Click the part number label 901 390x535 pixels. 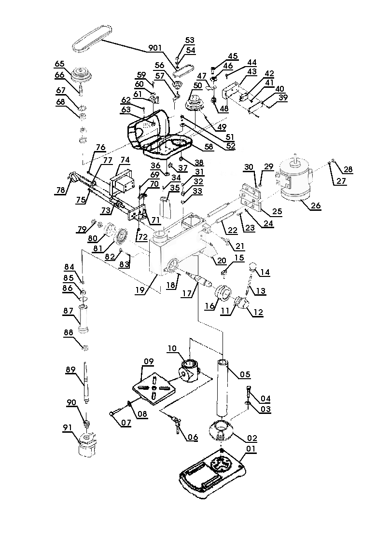(x=155, y=48)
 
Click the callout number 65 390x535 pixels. (x=59, y=64)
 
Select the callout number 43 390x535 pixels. (x=251, y=71)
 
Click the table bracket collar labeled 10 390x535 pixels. (x=190, y=369)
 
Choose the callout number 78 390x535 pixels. (x=60, y=191)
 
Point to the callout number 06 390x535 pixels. (x=193, y=438)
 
